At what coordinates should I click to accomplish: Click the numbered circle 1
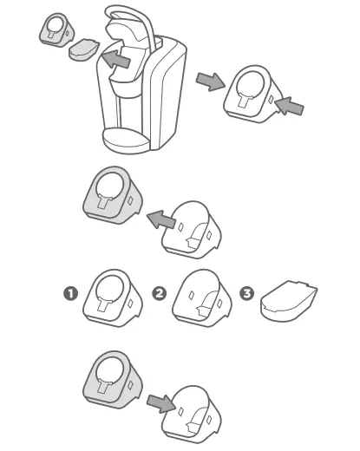(x=71, y=293)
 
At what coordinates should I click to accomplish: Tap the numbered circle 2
(x=159, y=293)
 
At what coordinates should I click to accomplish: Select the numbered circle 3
(x=248, y=293)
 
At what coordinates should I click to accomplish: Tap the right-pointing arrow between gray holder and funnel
(x=157, y=402)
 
